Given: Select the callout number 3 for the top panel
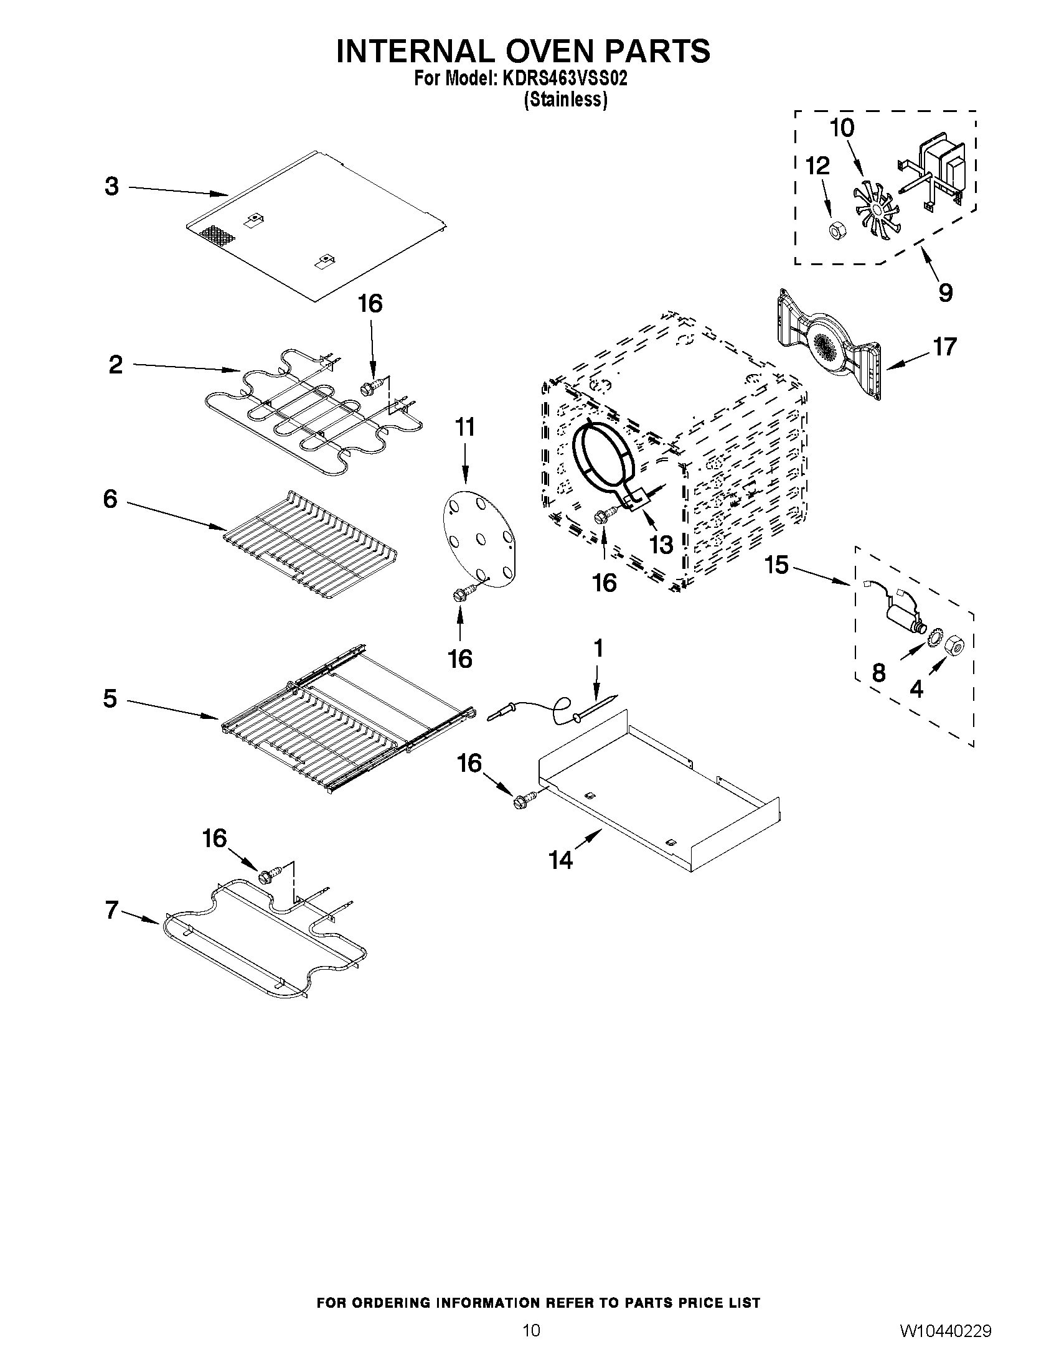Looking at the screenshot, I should coord(111,186).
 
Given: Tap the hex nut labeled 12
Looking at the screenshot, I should coord(835,230).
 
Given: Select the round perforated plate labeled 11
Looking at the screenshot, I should coord(480,540).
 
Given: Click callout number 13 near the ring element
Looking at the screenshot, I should coord(661,545).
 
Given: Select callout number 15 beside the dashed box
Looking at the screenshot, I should coord(776,565).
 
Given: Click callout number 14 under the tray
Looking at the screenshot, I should coord(561,860).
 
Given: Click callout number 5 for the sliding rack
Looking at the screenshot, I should coord(110,698).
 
